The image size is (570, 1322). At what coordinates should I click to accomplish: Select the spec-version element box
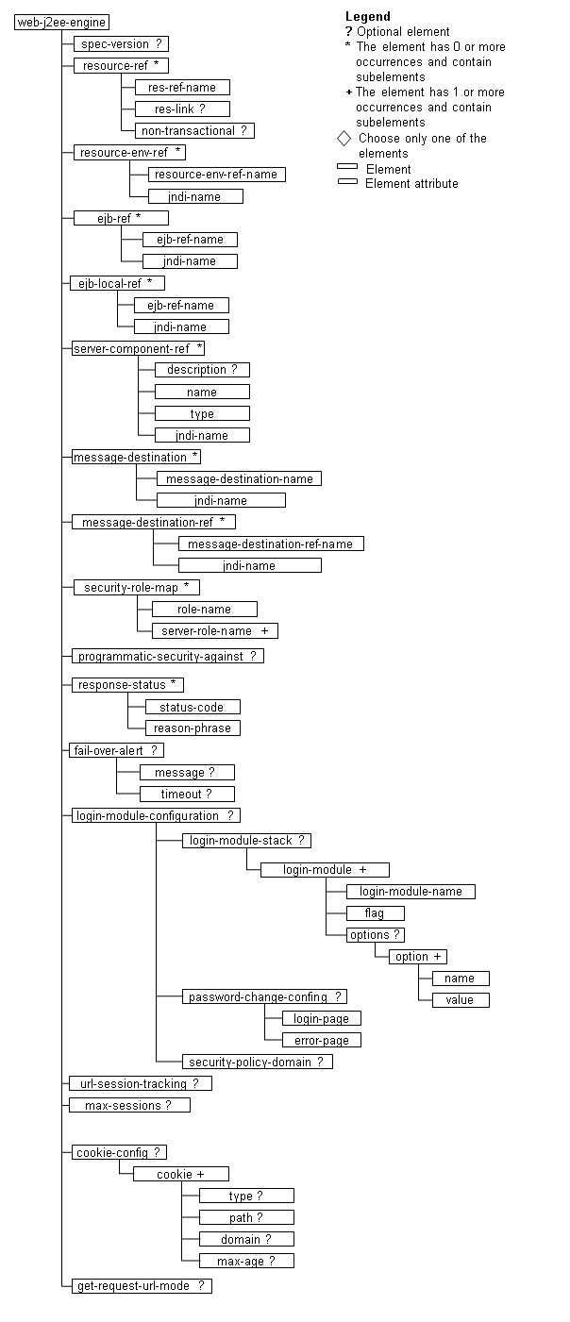121,43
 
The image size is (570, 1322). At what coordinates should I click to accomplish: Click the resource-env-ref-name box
217,175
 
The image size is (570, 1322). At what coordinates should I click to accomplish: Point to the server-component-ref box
139,348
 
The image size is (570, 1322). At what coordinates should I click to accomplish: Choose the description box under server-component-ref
202,370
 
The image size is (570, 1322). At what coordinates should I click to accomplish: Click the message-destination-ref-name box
271,544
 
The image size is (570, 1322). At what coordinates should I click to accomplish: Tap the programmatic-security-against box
168,656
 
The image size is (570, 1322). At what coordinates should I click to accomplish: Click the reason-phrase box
193,728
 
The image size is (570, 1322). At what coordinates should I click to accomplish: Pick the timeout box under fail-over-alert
187,795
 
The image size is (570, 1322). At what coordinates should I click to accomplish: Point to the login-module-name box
411,892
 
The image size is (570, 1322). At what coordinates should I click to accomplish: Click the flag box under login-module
375,913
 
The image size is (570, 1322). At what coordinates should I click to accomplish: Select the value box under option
461,1000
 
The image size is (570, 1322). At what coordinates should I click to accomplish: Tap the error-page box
321,1041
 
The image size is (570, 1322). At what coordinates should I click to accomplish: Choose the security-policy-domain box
257,1063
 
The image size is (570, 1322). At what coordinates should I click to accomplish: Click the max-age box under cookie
246,1261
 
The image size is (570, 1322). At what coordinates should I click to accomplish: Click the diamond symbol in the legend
344,139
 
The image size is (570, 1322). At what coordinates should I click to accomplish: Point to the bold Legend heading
367,16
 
